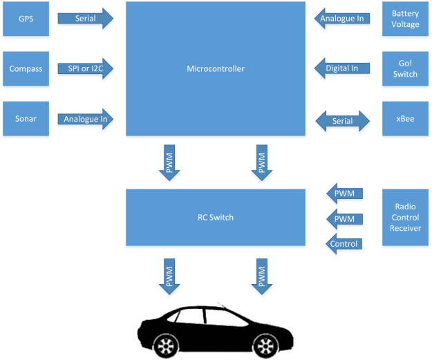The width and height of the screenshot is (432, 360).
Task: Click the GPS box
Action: (26, 19)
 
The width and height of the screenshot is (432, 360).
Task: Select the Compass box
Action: (26, 68)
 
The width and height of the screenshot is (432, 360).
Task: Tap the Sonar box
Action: (26, 118)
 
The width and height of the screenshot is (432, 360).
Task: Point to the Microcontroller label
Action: (216, 68)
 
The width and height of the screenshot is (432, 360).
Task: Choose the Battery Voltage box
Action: (405, 19)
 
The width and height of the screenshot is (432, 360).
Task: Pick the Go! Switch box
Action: (405, 68)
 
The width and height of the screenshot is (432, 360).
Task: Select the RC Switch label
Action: (216, 217)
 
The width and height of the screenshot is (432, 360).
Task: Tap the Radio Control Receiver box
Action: (405, 218)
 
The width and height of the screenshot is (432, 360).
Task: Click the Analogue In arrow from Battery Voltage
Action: (341, 19)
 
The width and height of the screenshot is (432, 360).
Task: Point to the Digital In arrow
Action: (341, 68)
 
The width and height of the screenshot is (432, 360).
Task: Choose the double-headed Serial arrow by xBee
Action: (343, 121)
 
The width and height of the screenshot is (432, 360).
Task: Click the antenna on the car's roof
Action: (220, 304)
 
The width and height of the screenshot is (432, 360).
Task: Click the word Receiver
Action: (405, 228)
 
